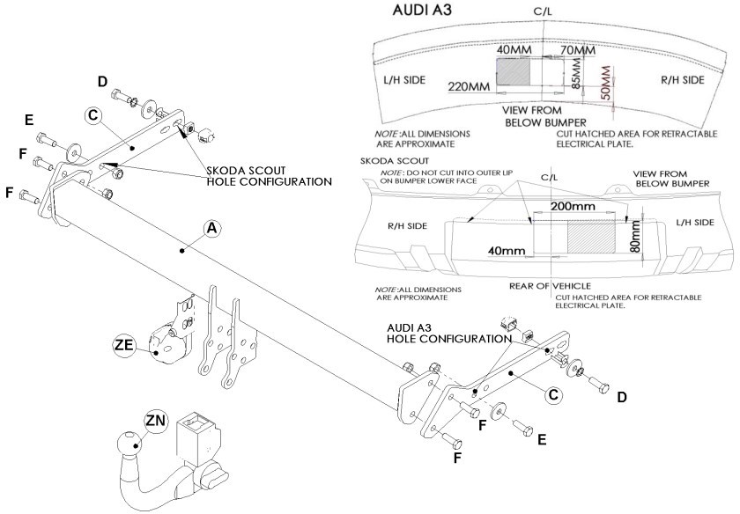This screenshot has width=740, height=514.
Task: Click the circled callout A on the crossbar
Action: (212, 228)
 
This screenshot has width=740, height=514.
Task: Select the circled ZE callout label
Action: (124, 345)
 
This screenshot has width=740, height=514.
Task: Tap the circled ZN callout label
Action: (156, 420)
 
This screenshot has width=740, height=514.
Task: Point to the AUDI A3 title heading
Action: (422, 11)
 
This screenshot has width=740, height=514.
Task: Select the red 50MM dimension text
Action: (605, 83)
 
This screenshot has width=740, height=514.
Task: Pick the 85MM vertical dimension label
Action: (577, 74)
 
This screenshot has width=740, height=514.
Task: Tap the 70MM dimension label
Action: (578, 50)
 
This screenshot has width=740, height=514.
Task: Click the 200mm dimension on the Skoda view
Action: (573, 206)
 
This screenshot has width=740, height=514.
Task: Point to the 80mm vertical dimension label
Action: (636, 236)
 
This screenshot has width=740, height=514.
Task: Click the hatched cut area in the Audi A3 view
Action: (513, 72)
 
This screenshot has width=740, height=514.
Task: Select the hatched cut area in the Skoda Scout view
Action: (591, 237)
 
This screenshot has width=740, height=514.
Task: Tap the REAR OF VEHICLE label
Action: (550, 286)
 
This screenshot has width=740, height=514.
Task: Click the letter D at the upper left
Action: (102, 82)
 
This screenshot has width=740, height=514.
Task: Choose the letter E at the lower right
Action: (542, 439)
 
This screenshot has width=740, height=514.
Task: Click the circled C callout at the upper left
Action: (93, 115)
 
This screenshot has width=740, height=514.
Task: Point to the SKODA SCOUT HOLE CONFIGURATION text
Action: (270, 176)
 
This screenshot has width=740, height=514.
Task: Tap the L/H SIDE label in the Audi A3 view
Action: (404, 80)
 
